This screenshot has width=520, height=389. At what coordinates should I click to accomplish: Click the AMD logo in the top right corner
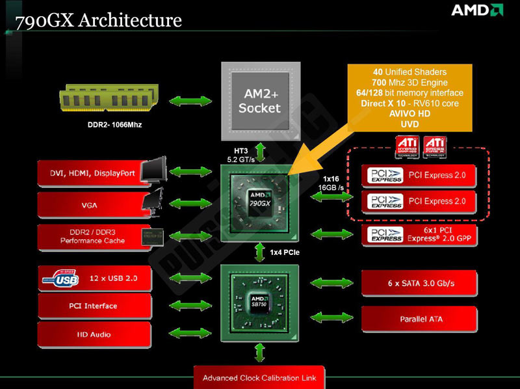pyautogui.click(x=476, y=10)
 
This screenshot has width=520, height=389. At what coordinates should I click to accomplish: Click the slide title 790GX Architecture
pyautogui.click(x=98, y=20)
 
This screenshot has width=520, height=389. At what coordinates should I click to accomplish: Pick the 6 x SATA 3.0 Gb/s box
pyautogui.click(x=419, y=283)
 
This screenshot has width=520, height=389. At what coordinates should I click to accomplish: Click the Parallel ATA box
pyautogui.click(x=419, y=319)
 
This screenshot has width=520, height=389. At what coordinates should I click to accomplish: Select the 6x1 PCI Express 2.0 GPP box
pyautogui.click(x=419, y=234)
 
